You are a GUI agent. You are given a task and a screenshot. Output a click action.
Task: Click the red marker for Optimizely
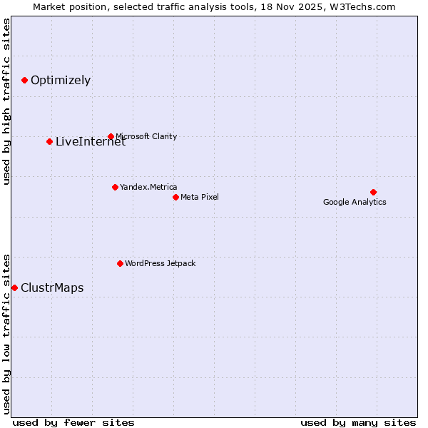pos(24,80)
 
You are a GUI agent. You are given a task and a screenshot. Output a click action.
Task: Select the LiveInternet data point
pos(49,141)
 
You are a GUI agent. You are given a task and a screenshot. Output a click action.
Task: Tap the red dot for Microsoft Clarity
pos(111,136)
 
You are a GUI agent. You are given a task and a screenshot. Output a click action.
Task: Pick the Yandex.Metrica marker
pos(115,187)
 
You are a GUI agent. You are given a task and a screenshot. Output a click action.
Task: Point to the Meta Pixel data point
pos(175,197)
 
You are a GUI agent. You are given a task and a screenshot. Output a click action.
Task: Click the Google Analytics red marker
pos(373,192)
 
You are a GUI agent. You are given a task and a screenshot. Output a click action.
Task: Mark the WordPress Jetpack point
pos(120,263)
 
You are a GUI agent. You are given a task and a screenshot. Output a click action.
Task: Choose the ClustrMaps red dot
pos(14,287)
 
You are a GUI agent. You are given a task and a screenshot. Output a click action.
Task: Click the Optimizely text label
pos(61,80)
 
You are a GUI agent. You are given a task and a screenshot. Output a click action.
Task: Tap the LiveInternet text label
pos(91,142)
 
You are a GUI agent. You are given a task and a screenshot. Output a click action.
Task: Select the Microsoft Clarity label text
pos(146,136)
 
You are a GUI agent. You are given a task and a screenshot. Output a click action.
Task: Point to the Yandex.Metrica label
pos(148,187)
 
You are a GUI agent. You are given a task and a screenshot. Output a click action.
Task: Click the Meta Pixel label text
pos(200,197)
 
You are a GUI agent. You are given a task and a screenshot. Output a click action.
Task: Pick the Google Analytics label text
pos(355,202)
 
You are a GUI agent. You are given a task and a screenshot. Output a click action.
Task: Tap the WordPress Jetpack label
pos(160,263)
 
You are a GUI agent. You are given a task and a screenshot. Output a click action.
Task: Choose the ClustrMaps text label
pos(52,288)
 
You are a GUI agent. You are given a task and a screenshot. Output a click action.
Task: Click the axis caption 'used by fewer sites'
pos(73,422)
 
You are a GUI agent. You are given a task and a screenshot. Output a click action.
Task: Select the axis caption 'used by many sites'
pos(358,422)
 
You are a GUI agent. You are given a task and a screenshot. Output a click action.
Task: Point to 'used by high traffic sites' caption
pos(7,101)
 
